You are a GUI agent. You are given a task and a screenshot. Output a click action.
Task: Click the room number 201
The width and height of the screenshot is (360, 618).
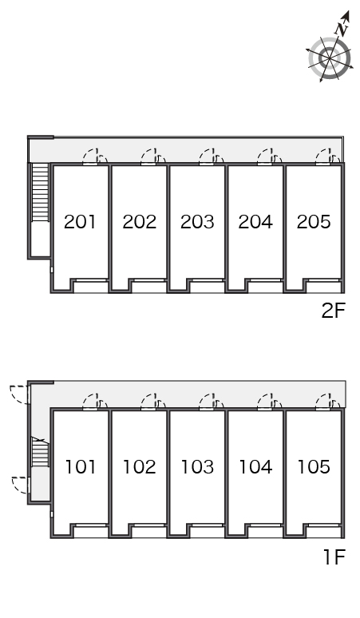[x=80, y=222]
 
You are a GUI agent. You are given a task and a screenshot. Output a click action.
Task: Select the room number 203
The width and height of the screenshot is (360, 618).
[x=197, y=222]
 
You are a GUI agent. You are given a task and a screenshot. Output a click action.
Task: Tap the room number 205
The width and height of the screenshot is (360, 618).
[x=314, y=222]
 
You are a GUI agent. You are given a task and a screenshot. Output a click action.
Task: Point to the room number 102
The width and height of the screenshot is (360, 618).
[x=139, y=467]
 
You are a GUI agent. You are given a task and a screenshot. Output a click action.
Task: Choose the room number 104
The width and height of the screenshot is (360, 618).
[x=255, y=467]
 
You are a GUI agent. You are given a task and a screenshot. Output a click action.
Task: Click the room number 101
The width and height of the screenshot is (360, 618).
[x=80, y=467]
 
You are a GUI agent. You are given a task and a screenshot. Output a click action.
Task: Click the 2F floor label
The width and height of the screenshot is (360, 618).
[x=333, y=311]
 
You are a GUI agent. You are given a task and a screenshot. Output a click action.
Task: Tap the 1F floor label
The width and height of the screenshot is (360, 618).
[x=334, y=557]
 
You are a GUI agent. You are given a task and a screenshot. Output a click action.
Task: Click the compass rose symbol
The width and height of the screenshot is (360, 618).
[x=330, y=59]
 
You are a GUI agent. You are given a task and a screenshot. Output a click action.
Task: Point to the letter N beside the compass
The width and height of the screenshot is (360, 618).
[x=342, y=29]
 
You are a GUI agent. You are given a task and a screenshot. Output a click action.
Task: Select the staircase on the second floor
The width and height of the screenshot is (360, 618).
[x=40, y=192]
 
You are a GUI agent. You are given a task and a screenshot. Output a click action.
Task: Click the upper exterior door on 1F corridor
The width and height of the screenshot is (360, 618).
[x=19, y=394]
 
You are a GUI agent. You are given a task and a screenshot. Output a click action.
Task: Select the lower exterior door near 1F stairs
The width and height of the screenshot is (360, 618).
[x=21, y=485]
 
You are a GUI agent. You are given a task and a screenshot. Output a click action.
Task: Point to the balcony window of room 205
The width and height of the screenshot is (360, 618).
[x=324, y=280]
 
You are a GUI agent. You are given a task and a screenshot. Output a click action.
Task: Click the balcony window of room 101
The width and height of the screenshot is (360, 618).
[x=90, y=525]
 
